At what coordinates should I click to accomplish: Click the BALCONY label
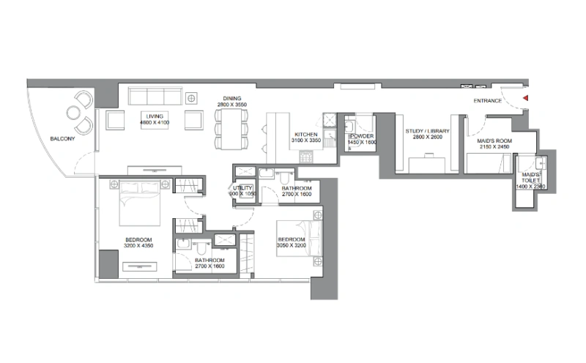point(62,139)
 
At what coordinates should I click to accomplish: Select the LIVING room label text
point(154,116)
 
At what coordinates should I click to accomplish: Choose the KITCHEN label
point(305,135)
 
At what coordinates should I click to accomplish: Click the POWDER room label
point(360,136)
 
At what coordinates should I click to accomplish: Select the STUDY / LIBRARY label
point(427,131)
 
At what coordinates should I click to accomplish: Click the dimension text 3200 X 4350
point(138,247)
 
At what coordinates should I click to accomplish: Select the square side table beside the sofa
point(192,97)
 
